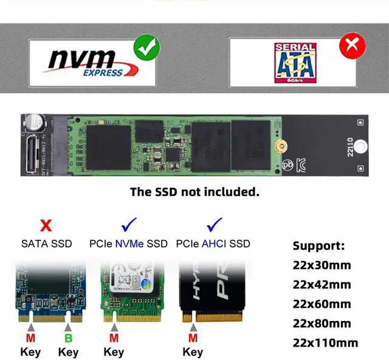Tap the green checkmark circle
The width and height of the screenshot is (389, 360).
(146, 47)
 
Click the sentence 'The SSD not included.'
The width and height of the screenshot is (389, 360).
(194, 192)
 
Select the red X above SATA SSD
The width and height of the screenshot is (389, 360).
(46, 227)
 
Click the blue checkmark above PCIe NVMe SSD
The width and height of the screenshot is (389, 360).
(129, 226)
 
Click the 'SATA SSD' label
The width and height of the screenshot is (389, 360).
(46, 244)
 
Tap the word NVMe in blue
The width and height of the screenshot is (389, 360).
(132, 244)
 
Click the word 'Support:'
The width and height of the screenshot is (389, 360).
(318, 246)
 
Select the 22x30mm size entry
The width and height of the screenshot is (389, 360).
(322, 265)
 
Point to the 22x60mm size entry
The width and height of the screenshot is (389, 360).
(322, 304)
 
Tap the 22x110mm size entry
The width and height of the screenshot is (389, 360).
(325, 342)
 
